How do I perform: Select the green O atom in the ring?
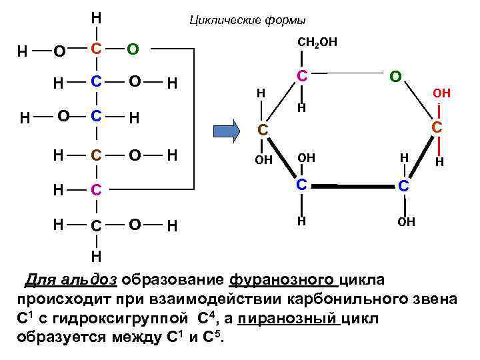pyautogui.click(x=395, y=77)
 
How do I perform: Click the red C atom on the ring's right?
pyautogui.click(x=437, y=127)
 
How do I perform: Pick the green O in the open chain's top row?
pyautogui.click(x=133, y=49)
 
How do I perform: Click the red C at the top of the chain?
pyautogui.click(x=97, y=49)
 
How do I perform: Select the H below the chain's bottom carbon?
pyautogui.click(x=97, y=256)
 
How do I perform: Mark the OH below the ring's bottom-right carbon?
pyautogui.click(x=406, y=221)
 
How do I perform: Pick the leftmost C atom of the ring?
pyautogui.click(x=263, y=131)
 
